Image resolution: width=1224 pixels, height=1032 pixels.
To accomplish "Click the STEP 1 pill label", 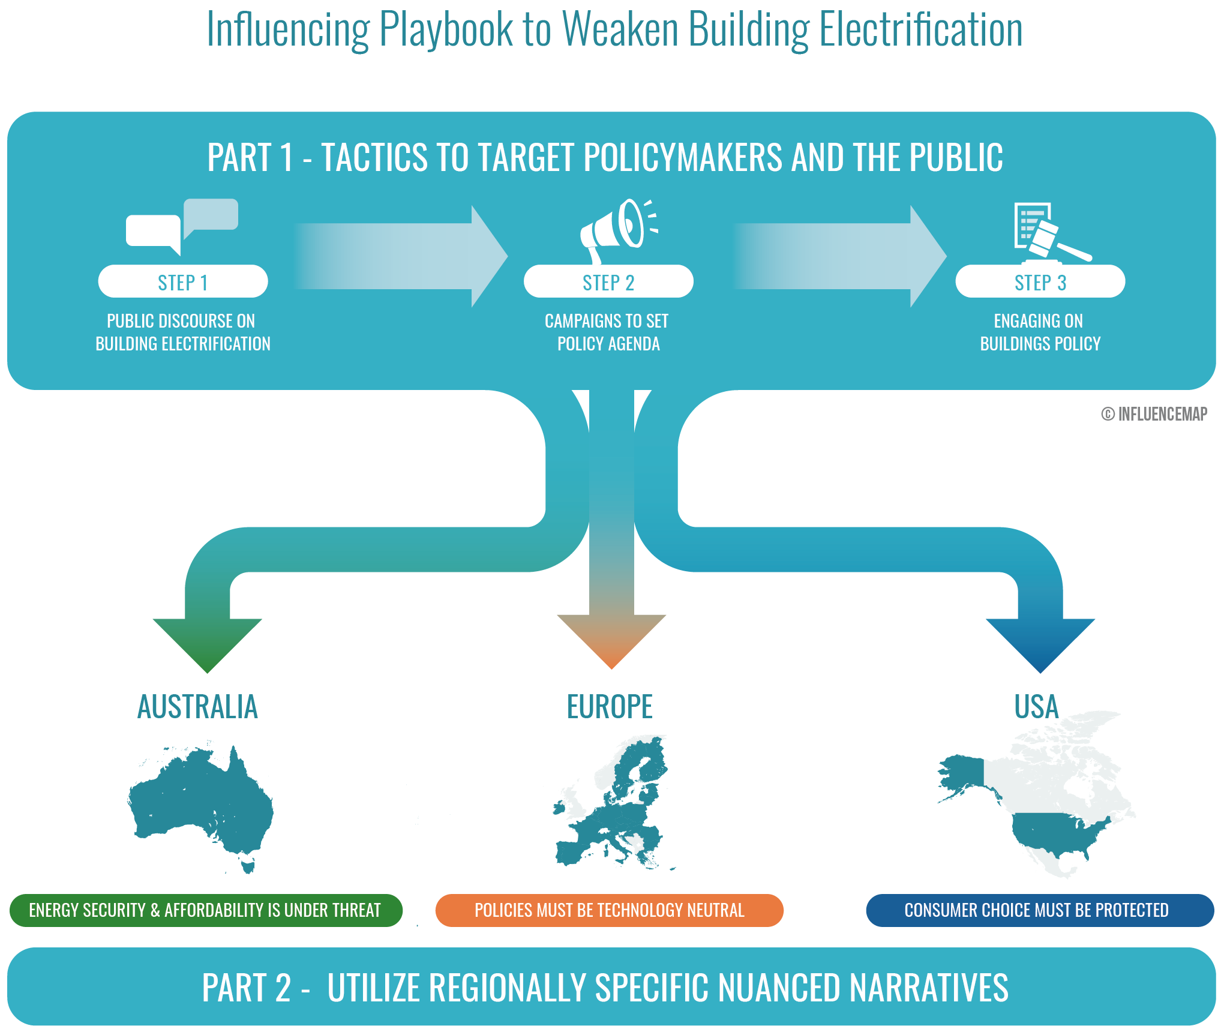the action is pyautogui.click(x=183, y=281).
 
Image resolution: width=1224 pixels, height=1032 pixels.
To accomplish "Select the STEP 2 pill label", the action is pyautogui.click(x=608, y=281).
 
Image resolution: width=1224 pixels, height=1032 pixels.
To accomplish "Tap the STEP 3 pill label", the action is pyautogui.click(x=1040, y=281).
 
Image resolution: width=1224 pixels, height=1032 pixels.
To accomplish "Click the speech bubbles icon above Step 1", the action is pyautogui.click(x=182, y=227).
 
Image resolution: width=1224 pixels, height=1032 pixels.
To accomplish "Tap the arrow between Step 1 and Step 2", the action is pyautogui.click(x=401, y=256).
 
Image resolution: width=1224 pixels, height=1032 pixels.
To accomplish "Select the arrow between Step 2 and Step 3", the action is pyautogui.click(x=839, y=256).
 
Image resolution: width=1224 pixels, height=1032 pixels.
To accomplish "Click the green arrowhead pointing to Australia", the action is pyautogui.click(x=207, y=646).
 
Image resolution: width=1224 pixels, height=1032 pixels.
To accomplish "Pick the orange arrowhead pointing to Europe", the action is pyautogui.click(x=611, y=641).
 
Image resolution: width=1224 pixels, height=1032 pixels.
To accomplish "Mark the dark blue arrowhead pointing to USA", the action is pyautogui.click(x=1040, y=646).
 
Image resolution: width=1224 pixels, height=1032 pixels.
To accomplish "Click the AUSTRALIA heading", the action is pyautogui.click(x=197, y=706).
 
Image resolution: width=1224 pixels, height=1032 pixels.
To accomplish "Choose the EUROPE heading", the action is pyautogui.click(x=610, y=706).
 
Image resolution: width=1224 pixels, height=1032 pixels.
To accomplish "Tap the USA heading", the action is pyautogui.click(x=1036, y=706).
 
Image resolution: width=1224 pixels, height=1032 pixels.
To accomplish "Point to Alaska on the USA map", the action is pyautogui.click(x=964, y=774).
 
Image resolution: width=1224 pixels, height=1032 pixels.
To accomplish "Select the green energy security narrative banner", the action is pyautogui.click(x=206, y=910).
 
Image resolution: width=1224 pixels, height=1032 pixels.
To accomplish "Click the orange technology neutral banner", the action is pyautogui.click(x=610, y=910).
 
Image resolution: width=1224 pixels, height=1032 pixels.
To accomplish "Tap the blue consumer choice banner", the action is pyautogui.click(x=1040, y=910).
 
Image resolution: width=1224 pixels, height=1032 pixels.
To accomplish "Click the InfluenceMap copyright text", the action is pyautogui.click(x=1154, y=414).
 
